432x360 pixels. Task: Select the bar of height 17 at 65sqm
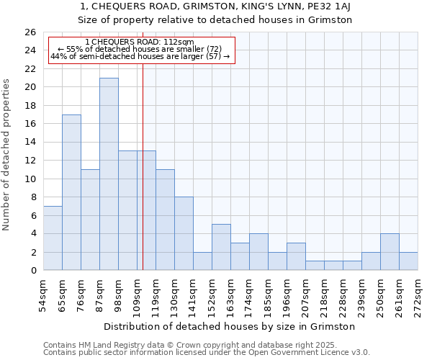[x=71, y=192]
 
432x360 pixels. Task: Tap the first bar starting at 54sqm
[x=53, y=238]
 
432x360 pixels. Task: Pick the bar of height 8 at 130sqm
[x=184, y=233]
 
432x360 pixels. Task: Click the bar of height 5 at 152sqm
[x=221, y=247]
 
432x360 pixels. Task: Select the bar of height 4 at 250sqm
[x=390, y=252]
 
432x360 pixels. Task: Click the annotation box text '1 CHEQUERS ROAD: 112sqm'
[x=139, y=42]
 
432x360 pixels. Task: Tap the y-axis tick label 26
[x=30, y=32]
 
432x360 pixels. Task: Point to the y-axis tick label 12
[x=30, y=161]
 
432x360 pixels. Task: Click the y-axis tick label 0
[x=32, y=271]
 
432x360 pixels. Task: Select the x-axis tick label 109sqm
[x=138, y=294]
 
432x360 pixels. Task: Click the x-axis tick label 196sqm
[x=287, y=294]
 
